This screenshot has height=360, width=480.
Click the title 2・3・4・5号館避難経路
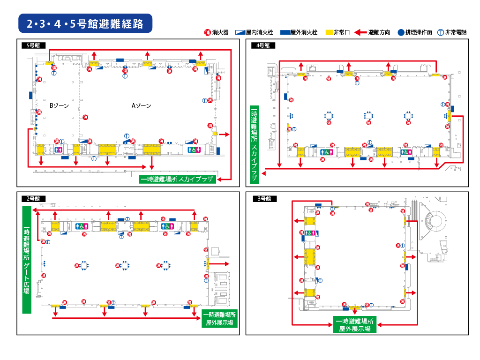85,23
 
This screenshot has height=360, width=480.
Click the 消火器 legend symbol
208,32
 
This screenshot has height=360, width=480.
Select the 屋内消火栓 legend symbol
240,32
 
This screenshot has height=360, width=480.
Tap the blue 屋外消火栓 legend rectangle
285,32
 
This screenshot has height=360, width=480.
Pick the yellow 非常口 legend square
329,32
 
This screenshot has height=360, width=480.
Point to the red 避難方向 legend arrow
360,32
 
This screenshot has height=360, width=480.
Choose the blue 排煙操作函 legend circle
401,32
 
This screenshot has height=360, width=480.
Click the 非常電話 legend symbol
441,32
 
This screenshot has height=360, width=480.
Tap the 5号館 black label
33,45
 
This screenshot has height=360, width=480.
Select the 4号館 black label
263,45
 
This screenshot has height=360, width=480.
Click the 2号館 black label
33,199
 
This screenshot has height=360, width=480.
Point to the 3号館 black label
264,199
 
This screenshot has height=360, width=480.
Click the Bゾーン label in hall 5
59,105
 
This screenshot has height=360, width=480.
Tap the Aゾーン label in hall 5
141,105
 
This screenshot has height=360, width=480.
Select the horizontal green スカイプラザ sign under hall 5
178,179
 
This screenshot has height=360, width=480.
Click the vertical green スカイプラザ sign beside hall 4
254,144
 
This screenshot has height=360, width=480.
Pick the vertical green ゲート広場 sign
27,260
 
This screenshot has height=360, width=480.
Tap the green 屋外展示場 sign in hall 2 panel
219,319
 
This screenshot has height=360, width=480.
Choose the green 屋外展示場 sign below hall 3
355,324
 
